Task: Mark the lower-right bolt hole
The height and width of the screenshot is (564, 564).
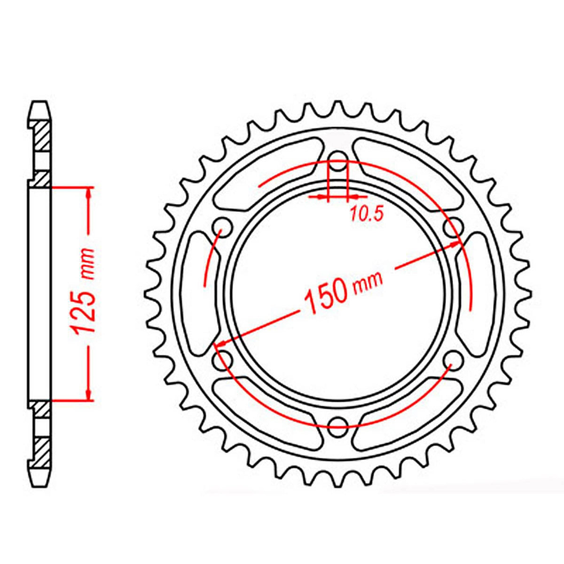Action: tap(453, 360)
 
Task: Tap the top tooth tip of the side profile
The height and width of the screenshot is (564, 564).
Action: tap(40, 105)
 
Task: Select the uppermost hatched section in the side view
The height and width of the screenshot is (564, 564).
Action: tap(41, 136)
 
